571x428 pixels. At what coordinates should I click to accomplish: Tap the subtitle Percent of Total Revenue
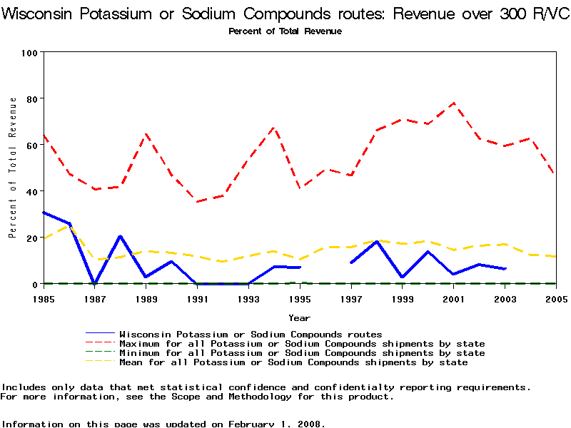285,31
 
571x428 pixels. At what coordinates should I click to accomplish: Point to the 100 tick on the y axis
30,53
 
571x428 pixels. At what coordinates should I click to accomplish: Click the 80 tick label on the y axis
32,98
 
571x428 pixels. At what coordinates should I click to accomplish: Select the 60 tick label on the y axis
32,145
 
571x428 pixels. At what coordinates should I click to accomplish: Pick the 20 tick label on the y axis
32,238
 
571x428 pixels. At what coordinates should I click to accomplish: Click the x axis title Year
299,317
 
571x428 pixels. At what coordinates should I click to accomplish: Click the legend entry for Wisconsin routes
251,334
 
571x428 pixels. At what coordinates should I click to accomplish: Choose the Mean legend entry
293,362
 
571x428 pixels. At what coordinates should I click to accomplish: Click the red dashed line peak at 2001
453,103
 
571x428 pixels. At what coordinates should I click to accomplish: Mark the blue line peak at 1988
120,235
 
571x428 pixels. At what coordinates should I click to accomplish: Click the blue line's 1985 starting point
44,212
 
